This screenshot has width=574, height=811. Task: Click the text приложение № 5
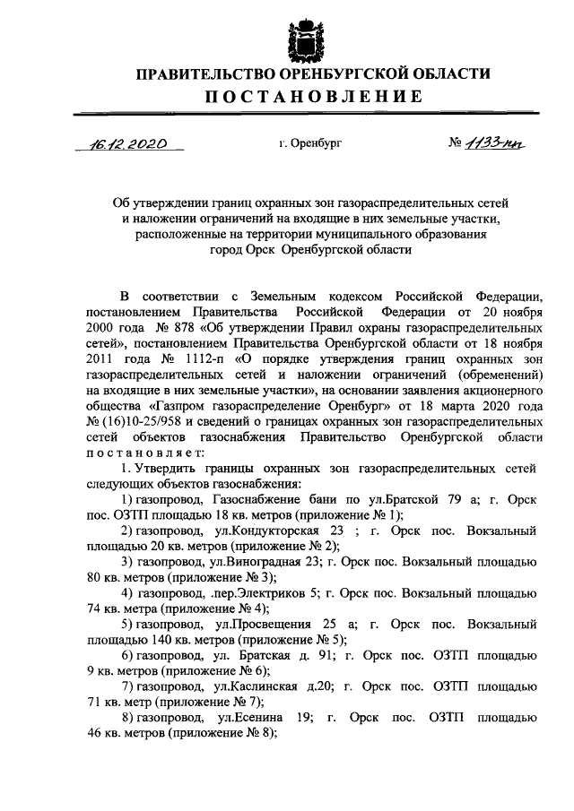(x=286, y=643)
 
